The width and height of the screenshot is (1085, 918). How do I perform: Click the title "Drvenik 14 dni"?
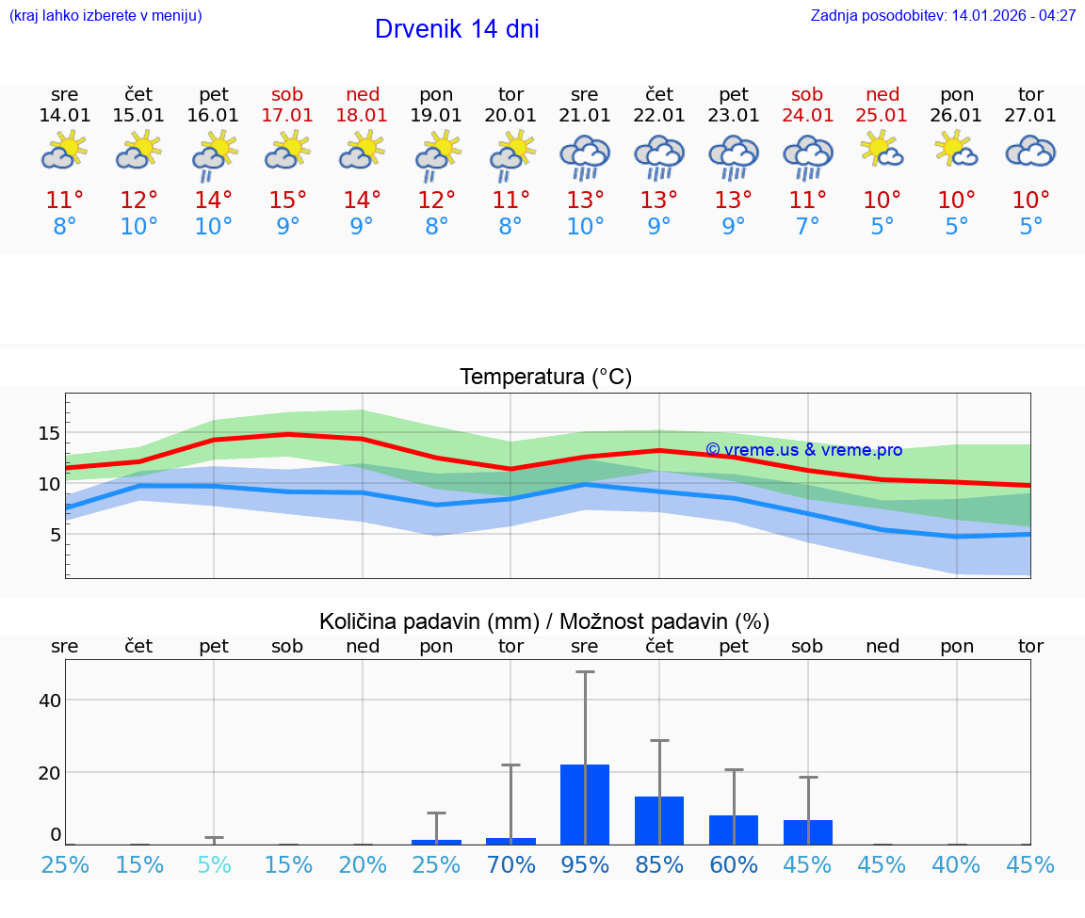click(457, 29)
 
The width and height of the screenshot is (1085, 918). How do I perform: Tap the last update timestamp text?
click(943, 16)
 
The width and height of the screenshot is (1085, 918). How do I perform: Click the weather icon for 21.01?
click(585, 156)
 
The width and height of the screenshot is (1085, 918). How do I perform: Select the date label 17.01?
click(288, 115)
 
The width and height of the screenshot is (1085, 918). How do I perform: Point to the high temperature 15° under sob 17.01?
click(288, 200)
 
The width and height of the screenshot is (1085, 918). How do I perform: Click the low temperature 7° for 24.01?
click(807, 227)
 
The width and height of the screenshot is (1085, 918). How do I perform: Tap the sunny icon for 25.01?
click(882, 150)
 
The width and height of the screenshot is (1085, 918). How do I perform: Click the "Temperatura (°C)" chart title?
click(545, 378)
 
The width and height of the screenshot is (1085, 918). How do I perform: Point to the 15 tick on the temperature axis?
click(50, 434)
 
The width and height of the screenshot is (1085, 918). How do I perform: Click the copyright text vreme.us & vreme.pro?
click(803, 450)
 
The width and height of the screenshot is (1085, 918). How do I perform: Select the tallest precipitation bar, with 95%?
click(585, 804)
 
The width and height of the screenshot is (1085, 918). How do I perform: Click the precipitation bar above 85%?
click(659, 820)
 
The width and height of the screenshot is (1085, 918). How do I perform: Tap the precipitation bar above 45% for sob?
click(808, 831)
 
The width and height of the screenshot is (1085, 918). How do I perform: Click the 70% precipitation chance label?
click(510, 864)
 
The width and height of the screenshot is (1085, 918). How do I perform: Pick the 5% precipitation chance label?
click(214, 864)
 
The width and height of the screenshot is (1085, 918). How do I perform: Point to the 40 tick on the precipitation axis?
click(50, 701)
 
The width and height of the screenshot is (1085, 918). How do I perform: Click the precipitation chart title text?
click(544, 621)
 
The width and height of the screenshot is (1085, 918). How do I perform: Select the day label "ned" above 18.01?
click(363, 94)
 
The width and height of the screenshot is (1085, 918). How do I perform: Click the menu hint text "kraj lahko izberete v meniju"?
click(105, 16)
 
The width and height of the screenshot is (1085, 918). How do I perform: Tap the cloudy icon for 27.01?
click(1030, 152)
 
